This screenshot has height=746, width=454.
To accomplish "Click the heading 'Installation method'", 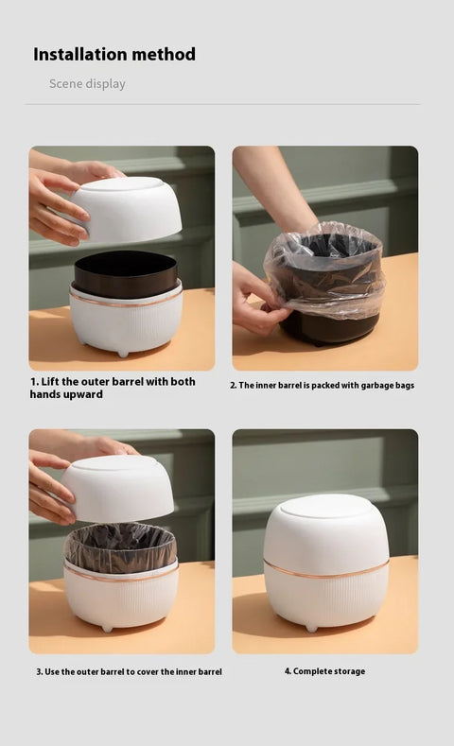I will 114,54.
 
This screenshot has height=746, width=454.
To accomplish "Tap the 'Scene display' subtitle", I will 87,84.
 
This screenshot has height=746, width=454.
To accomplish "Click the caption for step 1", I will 112,388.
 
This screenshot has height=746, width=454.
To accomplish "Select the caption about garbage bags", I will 322,385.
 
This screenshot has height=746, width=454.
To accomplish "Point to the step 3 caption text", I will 129,671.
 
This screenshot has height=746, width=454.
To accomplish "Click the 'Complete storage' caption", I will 324,671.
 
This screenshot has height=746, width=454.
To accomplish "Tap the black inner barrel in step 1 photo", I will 126,274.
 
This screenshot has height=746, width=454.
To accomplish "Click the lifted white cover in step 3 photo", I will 118,489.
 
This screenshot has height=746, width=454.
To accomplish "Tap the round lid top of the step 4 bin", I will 325,505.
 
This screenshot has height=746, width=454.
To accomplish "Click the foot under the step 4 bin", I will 312,627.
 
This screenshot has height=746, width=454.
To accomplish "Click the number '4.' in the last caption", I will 288,671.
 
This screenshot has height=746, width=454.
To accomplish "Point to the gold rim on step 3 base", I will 120,578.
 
